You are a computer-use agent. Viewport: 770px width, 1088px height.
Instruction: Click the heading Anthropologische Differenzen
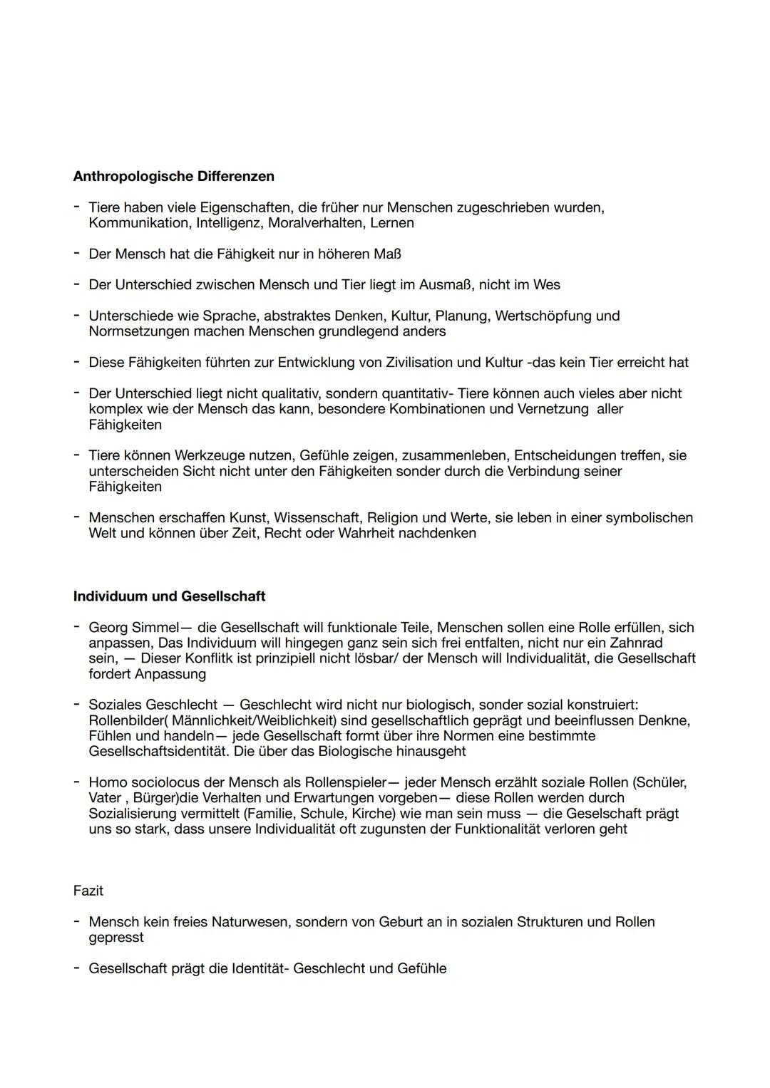coord(173,176)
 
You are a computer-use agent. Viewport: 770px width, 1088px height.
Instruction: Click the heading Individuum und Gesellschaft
coord(169,596)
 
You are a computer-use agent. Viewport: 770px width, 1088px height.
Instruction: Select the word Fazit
coord(88,891)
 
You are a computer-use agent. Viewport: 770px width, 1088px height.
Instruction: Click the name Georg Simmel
coord(133,628)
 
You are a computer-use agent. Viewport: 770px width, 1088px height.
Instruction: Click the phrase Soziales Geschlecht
coord(153,705)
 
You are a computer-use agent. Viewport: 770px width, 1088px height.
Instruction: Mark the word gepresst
coord(115,938)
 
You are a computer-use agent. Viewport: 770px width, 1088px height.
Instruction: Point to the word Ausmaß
coord(444,285)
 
